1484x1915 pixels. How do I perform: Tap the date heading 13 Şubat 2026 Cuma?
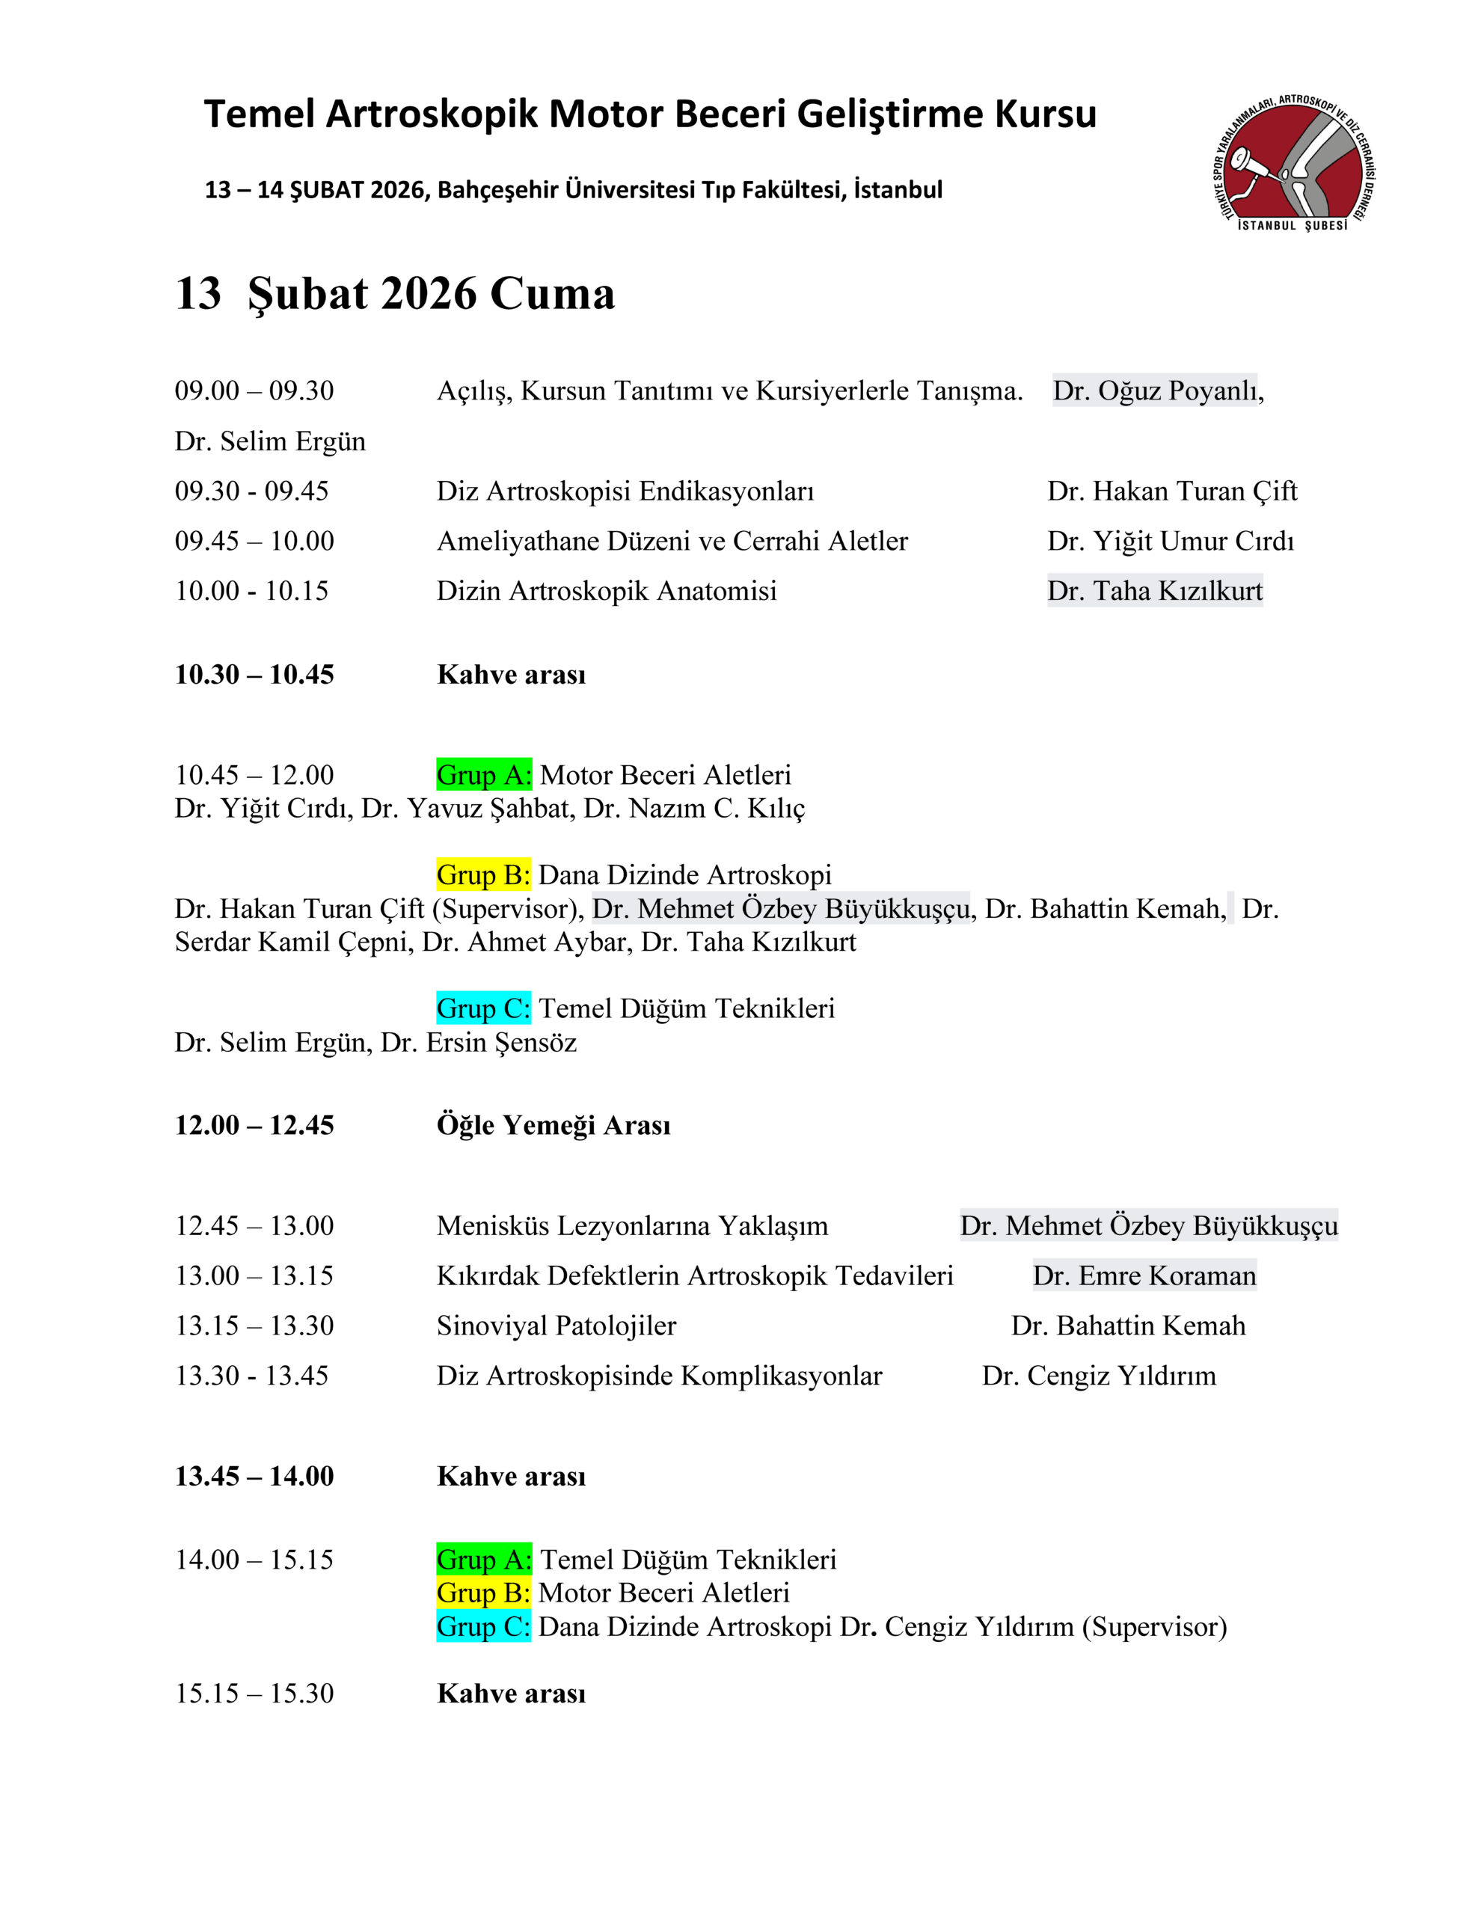[x=394, y=293]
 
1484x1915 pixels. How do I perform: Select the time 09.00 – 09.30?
[x=254, y=391]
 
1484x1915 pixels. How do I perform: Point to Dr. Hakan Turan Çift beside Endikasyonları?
[x=1171, y=491]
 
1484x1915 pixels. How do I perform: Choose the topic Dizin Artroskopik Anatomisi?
[x=607, y=591]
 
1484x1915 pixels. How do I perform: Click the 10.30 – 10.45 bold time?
[x=254, y=674]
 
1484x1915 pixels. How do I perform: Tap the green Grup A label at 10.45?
[x=484, y=775]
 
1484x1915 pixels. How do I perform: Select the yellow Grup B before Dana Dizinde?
[x=483, y=875]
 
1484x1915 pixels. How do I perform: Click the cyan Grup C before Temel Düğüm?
[x=483, y=1008]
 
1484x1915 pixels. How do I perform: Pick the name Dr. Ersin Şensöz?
[x=479, y=1043]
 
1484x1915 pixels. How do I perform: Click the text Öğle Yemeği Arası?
[x=553, y=1125]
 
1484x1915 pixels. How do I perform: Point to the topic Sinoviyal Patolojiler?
[x=556, y=1326]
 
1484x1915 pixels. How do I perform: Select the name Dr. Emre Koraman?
[x=1144, y=1275]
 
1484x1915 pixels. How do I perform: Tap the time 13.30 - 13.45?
[x=251, y=1376]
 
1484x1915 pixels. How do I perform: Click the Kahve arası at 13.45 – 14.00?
[x=511, y=1477]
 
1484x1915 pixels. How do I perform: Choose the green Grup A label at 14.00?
[x=484, y=1560]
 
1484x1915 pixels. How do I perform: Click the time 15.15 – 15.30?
[x=254, y=1693]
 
